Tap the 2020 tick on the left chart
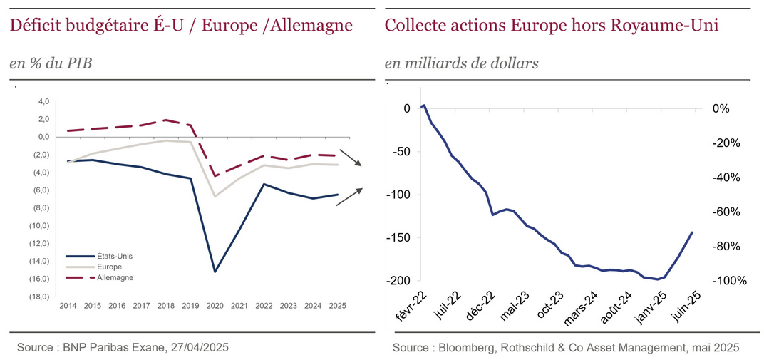tap(215, 305)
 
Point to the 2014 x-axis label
tap(68, 305)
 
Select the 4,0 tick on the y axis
tap(43, 101)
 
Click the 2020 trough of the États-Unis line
tap(215, 272)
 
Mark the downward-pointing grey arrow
tap(350, 158)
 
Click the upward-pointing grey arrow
tap(349, 197)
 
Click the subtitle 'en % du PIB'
tap(51, 63)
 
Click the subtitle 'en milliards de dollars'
tap(461, 63)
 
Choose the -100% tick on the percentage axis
tap(731, 281)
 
